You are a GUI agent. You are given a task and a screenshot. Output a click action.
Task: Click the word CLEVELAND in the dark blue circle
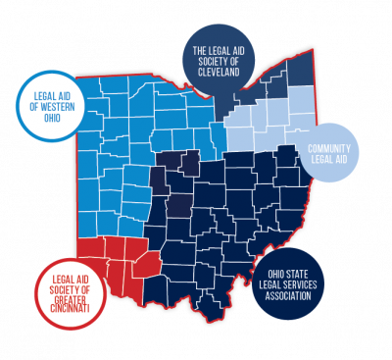217,72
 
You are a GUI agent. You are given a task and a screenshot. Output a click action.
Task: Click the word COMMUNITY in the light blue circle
328,148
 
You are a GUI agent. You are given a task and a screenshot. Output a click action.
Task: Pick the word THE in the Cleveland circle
200,50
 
